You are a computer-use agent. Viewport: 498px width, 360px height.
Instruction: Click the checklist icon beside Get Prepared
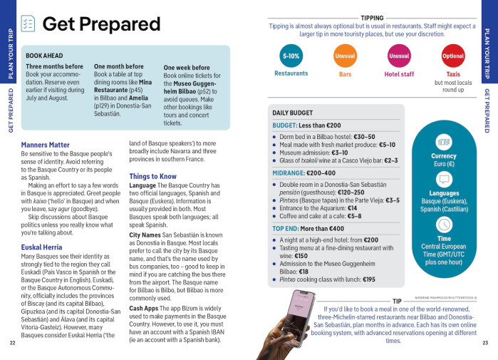coord(27,24)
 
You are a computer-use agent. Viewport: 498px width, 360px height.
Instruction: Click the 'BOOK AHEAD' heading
coord(44,56)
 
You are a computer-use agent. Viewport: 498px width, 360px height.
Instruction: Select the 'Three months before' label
coord(54,67)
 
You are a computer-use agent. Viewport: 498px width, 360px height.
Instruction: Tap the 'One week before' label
coord(187,68)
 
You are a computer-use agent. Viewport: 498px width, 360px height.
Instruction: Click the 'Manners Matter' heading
coord(46,145)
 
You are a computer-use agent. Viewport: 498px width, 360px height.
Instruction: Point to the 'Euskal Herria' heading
coord(43,246)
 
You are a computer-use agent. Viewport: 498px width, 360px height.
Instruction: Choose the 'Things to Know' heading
coord(152,176)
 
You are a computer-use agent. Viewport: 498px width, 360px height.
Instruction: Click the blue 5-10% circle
coord(291,56)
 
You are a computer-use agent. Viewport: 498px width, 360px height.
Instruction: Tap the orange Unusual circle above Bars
coord(345,56)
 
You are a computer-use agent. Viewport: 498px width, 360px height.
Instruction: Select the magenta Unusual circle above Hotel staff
coord(399,56)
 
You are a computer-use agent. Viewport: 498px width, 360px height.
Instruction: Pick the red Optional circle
coord(453,56)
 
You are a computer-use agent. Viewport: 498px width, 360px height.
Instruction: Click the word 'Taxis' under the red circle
coord(453,73)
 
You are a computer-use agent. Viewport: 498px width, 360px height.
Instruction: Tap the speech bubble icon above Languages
coord(444,179)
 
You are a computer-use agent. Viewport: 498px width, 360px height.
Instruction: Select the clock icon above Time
coord(444,225)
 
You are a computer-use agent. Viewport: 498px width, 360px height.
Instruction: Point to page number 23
coord(485,343)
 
